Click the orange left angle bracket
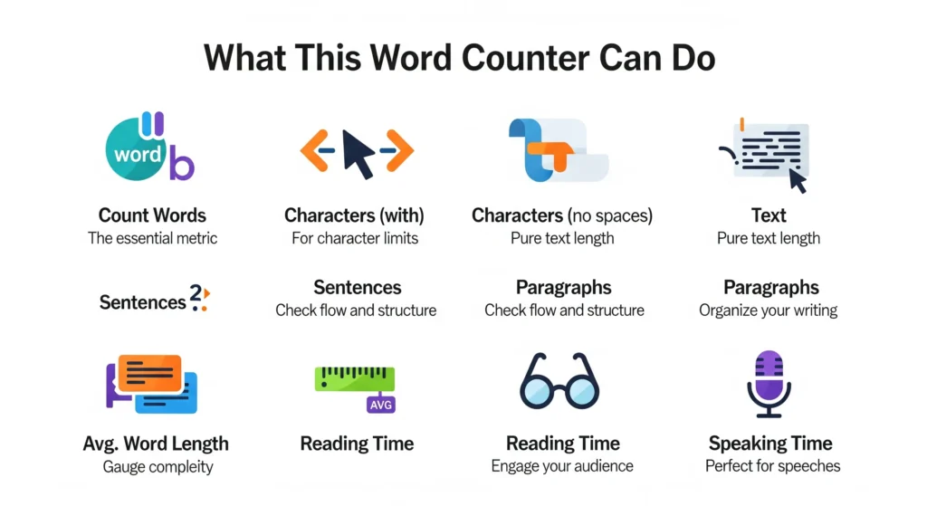(x=314, y=150)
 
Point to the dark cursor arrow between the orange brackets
(x=358, y=154)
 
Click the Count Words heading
(x=152, y=215)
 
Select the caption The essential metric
(x=152, y=239)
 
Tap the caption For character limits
(x=354, y=239)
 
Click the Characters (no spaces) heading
(x=562, y=215)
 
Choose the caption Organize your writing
(x=768, y=310)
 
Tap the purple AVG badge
(x=381, y=405)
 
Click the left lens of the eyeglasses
(x=541, y=387)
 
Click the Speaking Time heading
(x=770, y=444)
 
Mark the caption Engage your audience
(x=562, y=467)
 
